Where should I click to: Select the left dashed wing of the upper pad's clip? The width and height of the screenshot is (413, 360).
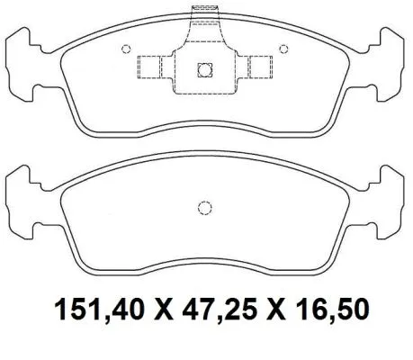point(153,67)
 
